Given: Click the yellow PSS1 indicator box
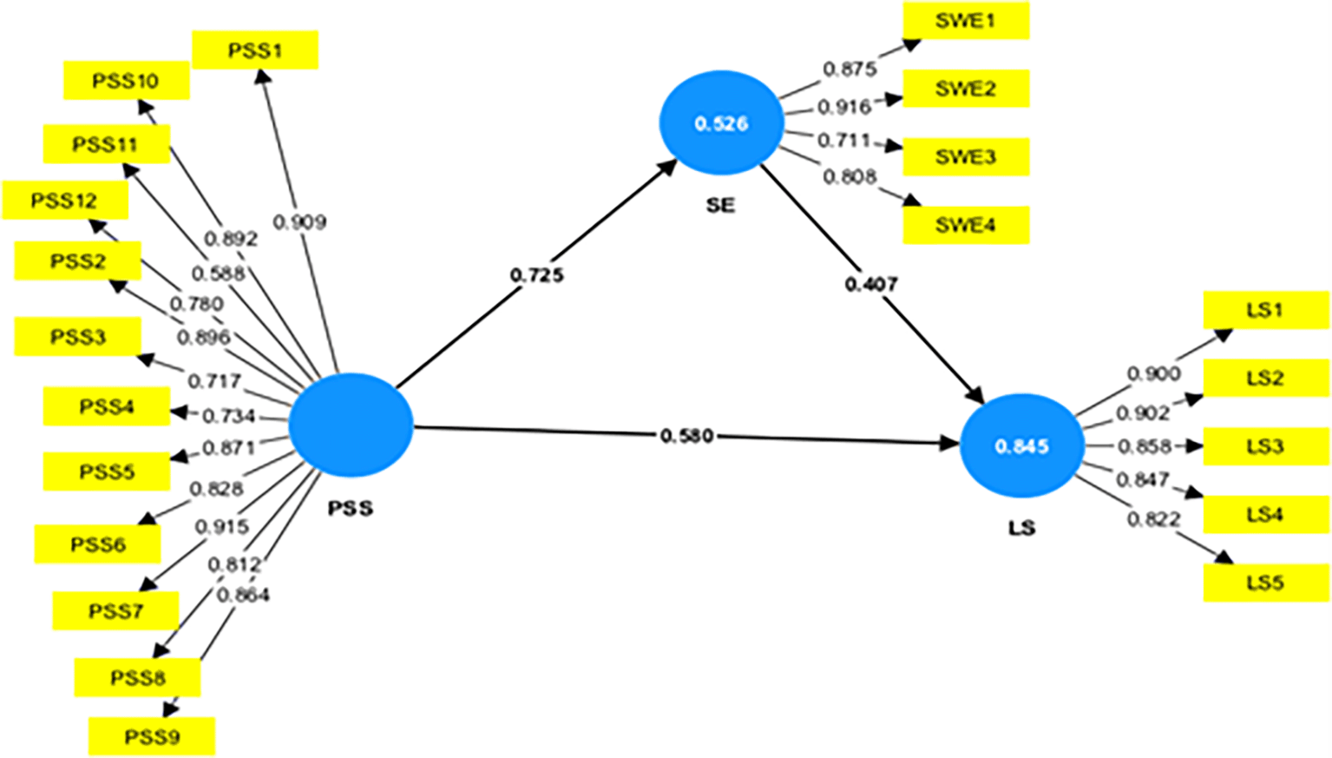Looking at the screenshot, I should coord(254,50).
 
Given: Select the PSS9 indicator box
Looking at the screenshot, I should coord(152,737).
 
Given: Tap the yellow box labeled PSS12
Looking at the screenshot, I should coord(65,201).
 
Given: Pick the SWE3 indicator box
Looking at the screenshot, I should coord(966,157).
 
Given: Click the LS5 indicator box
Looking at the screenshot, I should coord(1265,583).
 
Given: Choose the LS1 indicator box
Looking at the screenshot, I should coord(1265,310).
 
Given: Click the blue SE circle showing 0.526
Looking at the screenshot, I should coord(721,123).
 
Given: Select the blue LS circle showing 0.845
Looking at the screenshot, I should coord(1021,446).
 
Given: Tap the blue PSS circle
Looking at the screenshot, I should coord(351,425).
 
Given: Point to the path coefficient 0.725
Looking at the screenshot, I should coord(536,275).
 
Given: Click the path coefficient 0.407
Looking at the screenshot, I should coord(871,284).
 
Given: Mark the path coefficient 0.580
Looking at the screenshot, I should coord(686,435).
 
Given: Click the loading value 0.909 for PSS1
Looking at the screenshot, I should coord(299,222).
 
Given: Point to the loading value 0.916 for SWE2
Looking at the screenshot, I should coord(843,107).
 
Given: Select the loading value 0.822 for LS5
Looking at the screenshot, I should coord(1153,519).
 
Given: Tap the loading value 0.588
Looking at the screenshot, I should coord(218,274).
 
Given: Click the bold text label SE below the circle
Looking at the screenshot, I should coord(720,205).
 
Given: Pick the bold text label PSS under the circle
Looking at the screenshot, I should coord(351,508).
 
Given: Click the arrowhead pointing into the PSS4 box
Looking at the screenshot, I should coord(179,412).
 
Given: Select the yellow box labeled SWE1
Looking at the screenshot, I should coord(966,21).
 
